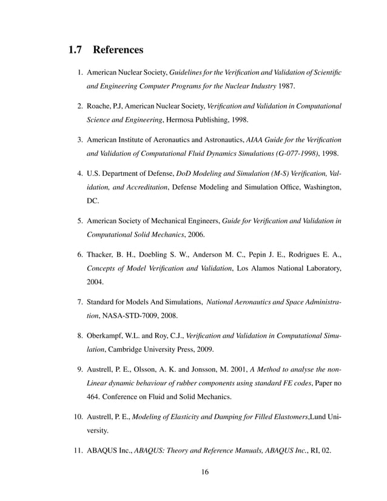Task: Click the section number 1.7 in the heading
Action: pyautogui.click(x=76, y=49)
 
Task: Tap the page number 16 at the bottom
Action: pyautogui.click(x=205, y=473)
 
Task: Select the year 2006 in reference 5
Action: pyautogui.click(x=195, y=234)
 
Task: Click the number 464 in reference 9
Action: pyautogui.click(x=95, y=397)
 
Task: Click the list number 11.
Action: pyautogui.click(x=78, y=451)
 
